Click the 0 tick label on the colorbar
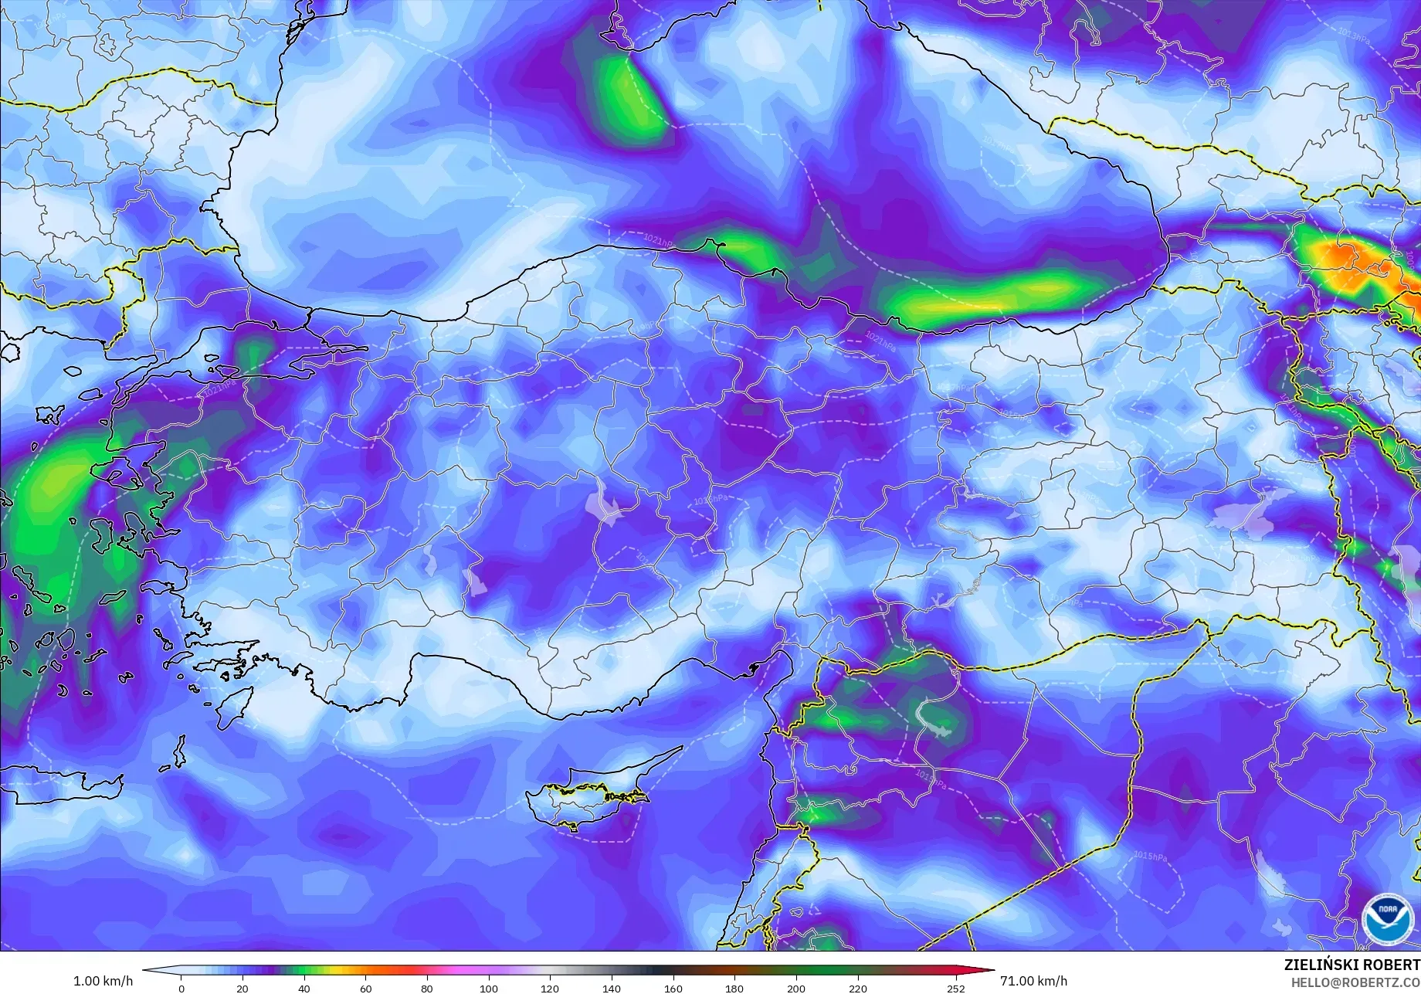(x=181, y=988)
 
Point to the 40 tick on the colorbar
(x=304, y=988)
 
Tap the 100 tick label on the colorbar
(x=488, y=988)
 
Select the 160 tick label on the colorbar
(x=673, y=988)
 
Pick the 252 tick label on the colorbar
(x=956, y=988)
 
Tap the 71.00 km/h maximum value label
(x=1033, y=981)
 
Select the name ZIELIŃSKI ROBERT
(x=1351, y=965)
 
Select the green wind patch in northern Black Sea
(x=629, y=100)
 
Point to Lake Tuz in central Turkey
(x=606, y=506)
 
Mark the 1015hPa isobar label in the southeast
(x=1151, y=856)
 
